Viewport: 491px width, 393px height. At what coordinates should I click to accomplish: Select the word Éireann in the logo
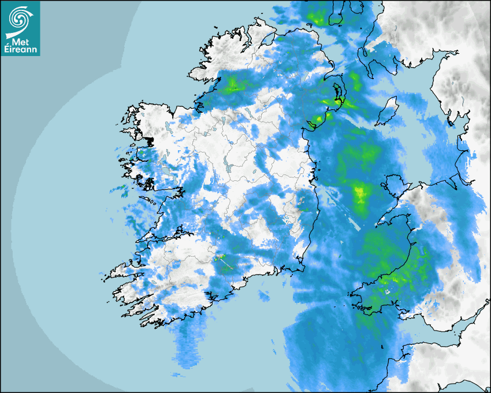click(x=20, y=50)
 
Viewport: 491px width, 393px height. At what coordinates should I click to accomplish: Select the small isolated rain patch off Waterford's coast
click(x=263, y=296)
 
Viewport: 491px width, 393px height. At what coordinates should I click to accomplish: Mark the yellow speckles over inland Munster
click(x=221, y=258)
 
